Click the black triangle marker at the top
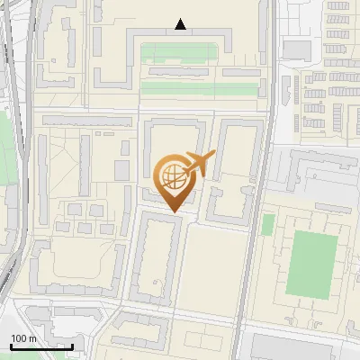181,24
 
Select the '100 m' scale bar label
23,338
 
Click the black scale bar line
41,346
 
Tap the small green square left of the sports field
267,224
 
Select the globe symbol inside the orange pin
171,174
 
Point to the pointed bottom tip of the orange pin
173,211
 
